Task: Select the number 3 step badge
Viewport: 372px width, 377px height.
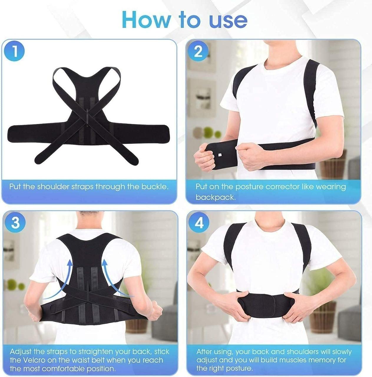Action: pyautogui.click(x=15, y=223)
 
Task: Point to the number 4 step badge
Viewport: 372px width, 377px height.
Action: pyautogui.click(x=199, y=223)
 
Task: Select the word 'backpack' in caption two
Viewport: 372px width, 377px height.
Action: pyautogui.click(x=215, y=197)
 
